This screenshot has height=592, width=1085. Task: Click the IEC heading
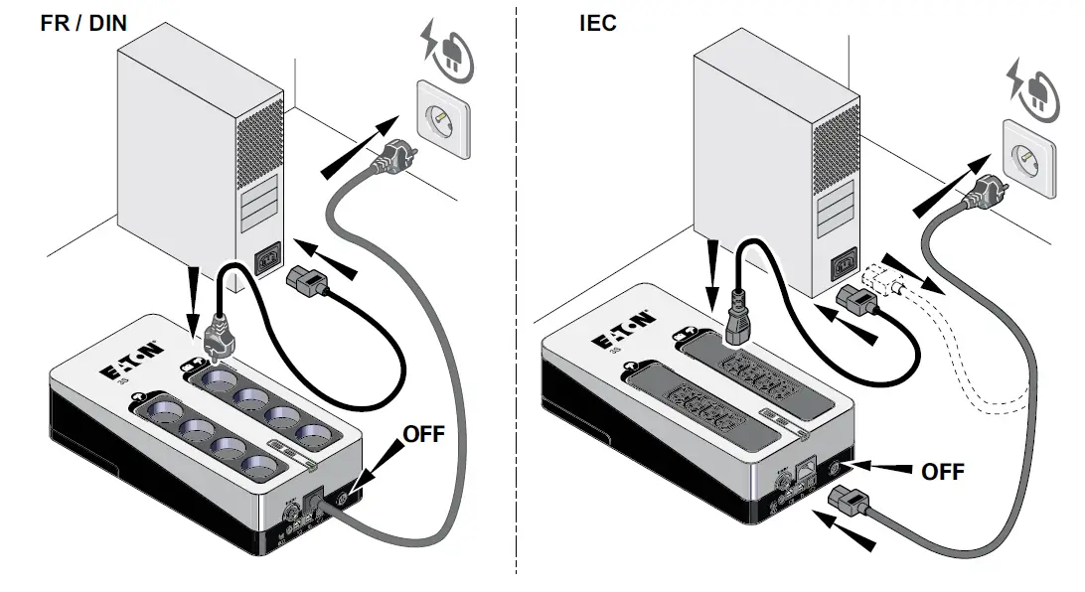point(598,22)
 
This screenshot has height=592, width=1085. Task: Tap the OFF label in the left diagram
point(423,434)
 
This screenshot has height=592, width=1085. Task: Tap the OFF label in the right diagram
point(942,471)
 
